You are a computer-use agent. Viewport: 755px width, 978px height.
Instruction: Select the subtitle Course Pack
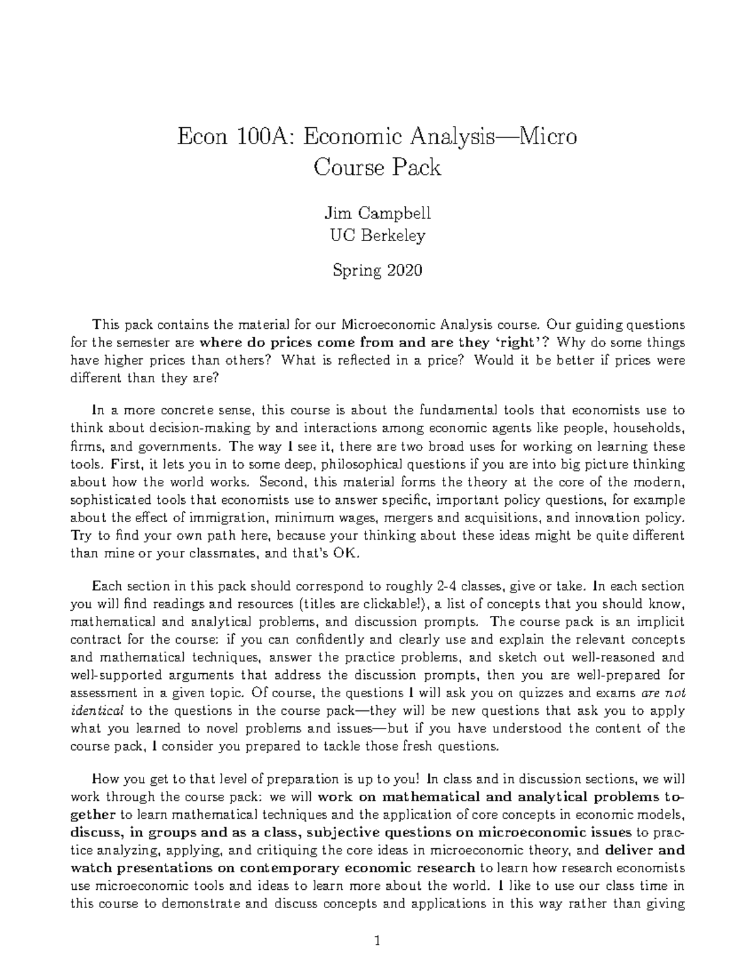377,168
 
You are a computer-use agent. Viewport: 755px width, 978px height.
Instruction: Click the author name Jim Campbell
377,213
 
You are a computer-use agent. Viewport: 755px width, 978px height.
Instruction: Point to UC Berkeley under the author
377,236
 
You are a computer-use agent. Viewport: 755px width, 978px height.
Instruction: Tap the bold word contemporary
286,868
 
